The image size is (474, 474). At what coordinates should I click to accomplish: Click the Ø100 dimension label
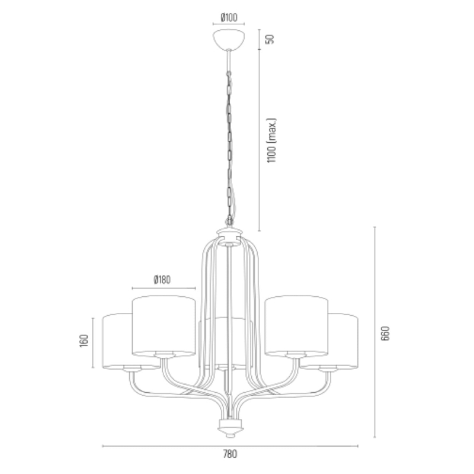(x=229, y=17)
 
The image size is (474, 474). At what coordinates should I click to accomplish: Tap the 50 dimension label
(x=271, y=39)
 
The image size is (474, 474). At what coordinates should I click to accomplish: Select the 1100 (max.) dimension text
(x=272, y=140)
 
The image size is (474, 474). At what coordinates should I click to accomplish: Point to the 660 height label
(x=386, y=333)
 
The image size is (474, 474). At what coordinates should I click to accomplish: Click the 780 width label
(x=230, y=454)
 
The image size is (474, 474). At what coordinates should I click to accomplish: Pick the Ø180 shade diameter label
(x=162, y=280)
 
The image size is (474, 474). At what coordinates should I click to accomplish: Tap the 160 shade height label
(x=84, y=341)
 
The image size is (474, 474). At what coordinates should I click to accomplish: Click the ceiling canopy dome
(x=229, y=39)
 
